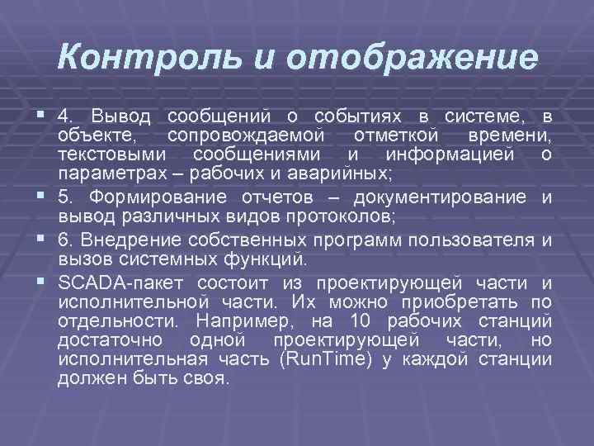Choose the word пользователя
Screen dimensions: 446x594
[x=478, y=240]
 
